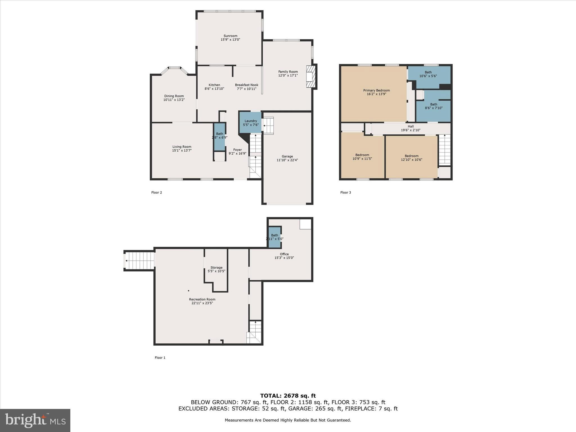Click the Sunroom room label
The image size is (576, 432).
pos(230,36)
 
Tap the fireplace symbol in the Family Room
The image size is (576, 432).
pos(311,77)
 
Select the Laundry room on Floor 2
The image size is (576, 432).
pos(250,123)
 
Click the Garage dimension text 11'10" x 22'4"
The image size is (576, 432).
pos(287,160)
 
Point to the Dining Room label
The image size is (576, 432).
pos(174,96)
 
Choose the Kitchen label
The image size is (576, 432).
pos(214,85)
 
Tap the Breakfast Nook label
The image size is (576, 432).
pos(246,85)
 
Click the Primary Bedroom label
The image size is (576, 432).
pos(376,91)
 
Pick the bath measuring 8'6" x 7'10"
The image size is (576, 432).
pos(433,106)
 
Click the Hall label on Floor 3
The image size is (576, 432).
pos(411,127)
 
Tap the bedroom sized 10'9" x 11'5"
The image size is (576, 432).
pos(362,157)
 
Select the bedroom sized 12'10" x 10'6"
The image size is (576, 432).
pos(411,158)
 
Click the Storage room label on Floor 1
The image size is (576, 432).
pos(216,268)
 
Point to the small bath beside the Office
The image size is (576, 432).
pos(274,237)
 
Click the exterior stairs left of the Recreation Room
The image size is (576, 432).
pos(139,261)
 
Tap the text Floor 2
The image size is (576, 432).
pos(157,193)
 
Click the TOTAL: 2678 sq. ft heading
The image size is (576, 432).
pos(288,396)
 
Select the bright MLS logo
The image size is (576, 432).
pos(35,420)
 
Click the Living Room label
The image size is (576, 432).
pos(182,147)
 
